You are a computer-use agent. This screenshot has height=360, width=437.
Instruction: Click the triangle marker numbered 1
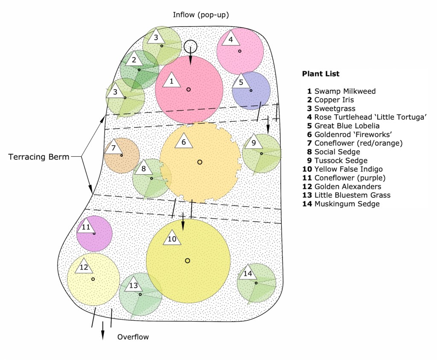pyautogui.click(x=172, y=80)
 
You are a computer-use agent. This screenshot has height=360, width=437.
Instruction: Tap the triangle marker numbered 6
pyautogui.click(x=184, y=141)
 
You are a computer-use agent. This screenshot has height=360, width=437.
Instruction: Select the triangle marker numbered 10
pyautogui.click(x=172, y=238)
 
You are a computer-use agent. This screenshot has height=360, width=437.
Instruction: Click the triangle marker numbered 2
pyautogui.click(x=134, y=59)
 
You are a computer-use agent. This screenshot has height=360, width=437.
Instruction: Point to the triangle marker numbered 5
pyautogui.click(x=241, y=82)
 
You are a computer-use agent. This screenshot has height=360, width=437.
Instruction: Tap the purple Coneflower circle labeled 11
pyautogui.click(x=95, y=234)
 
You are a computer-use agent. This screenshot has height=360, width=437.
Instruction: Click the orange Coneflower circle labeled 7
pyautogui.click(x=122, y=155)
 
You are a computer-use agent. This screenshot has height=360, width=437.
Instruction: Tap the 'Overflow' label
pyautogui.click(x=133, y=337)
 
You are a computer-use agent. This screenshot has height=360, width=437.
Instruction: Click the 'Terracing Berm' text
pyautogui.click(x=38, y=157)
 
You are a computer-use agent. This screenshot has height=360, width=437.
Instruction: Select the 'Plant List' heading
pyautogui.click(x=320, y=73)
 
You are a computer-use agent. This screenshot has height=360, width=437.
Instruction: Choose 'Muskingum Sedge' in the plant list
pyautogui.click(x=347, y=204)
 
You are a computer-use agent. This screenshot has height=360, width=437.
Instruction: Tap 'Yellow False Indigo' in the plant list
pyautogui.click(x=348, y=170)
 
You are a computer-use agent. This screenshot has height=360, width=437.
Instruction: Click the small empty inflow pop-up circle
pyautogui.click(x=191, y=46)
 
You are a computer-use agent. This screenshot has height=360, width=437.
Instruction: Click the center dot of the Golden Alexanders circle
pyautogui.click(x=93, y=279)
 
